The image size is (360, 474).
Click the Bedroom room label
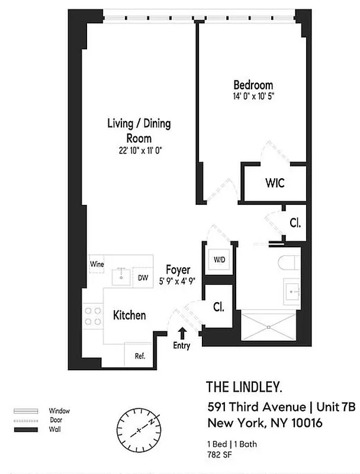pyautogui.click(x=253, y=85)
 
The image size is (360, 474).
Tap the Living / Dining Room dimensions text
pyautogui.click(x=140, y=150)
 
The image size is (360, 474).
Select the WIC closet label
pyautogui.click(x=274, y=183)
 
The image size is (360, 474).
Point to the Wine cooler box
pyautogui.click(x=97, y=264)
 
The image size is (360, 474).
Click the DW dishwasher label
pyautogui.click(x=143, y=277)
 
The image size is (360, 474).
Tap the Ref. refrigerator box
pyautogui.click(x=140, y=356)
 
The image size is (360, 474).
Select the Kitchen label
pyautogui.click(x=129, y=315)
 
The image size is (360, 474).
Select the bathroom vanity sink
pyautogui.click(x=293, y=292)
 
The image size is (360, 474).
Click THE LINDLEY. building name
pyautogui.click(x=244, y=387)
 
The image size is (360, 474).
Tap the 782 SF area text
pyautogui.click(x=218, y=454)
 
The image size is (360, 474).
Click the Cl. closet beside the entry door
pyautogui.click(x=218, y=308)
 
